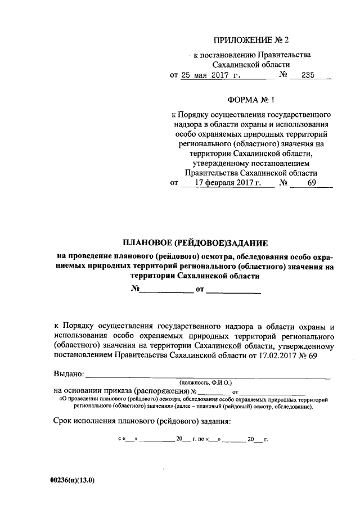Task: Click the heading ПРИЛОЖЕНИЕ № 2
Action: [251, 40]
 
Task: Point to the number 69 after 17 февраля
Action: [312, 183]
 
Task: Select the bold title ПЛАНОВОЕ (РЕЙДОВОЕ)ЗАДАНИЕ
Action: [196, 244]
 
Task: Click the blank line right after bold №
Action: [166, 291]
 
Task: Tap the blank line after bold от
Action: [233, 291]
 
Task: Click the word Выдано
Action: [69, 373]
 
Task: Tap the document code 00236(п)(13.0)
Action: [71, 480]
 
